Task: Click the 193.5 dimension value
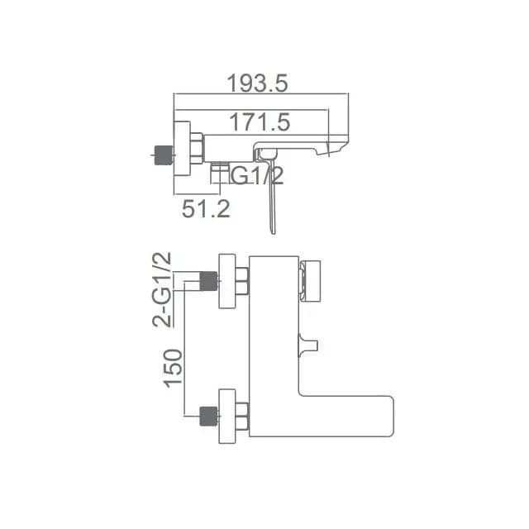[257, 83]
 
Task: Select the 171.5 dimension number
[260, 122]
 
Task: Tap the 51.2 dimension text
[206, 209]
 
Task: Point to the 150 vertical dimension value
[173, 369]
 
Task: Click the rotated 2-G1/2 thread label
[162, 290]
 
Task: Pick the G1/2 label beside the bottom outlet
[257, 175]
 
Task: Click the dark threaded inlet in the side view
[164, 155]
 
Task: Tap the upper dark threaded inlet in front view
[208, 281]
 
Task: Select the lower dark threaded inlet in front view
[208, 416]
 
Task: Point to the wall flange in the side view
[182, 149]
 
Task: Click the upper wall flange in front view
[227, 281]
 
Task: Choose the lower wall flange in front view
[227, 416]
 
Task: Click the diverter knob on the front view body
[308, 346]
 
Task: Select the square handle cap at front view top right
[310, 281]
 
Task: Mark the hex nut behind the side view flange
[197, 149]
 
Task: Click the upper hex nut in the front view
[242, 281]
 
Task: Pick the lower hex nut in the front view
[242, 416]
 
